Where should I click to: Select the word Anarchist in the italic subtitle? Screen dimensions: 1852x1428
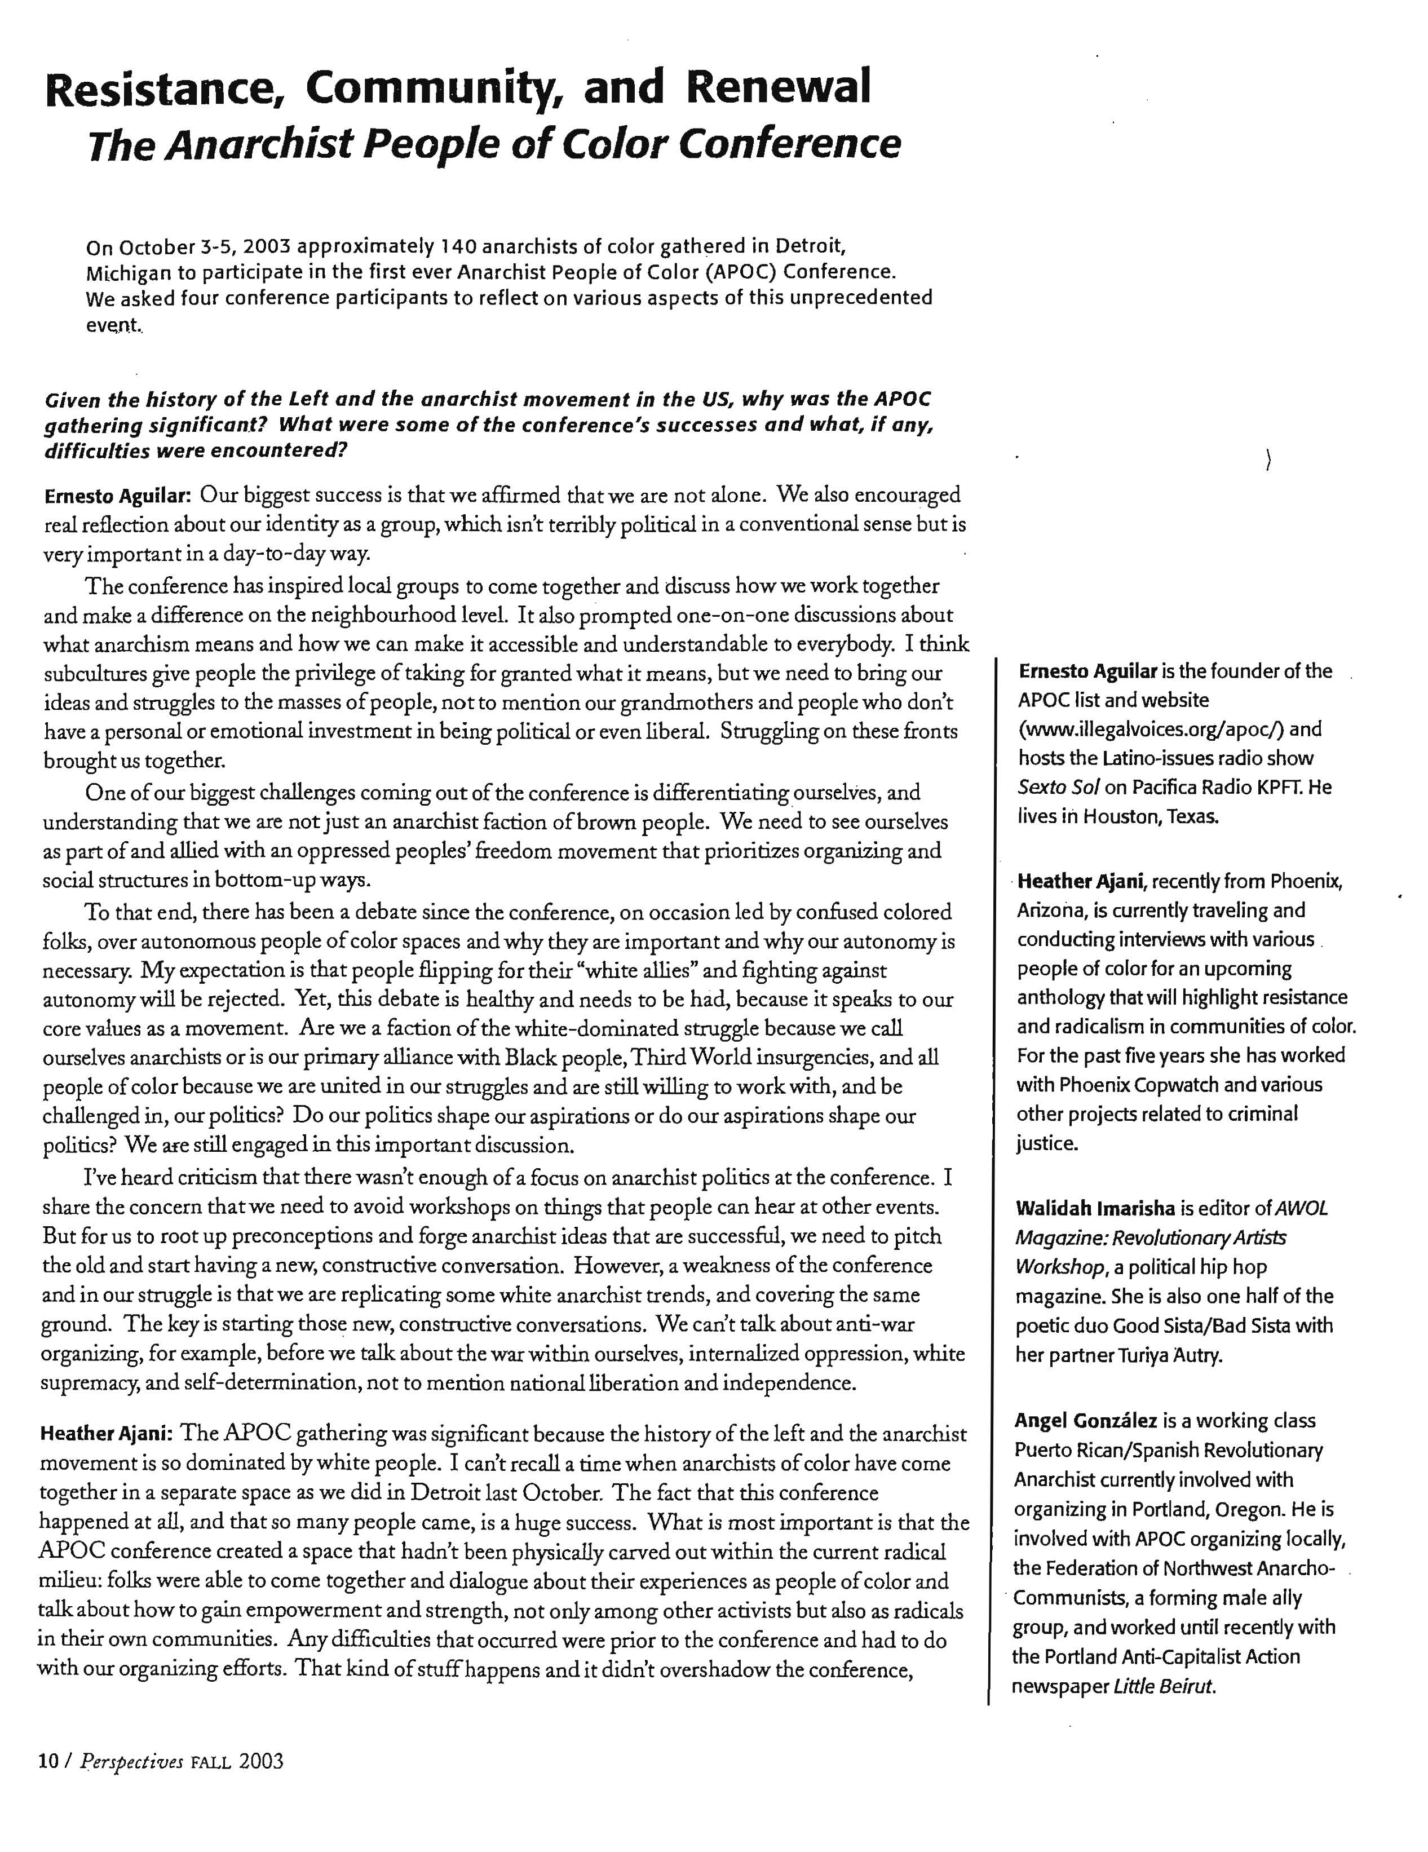[258, 144]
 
